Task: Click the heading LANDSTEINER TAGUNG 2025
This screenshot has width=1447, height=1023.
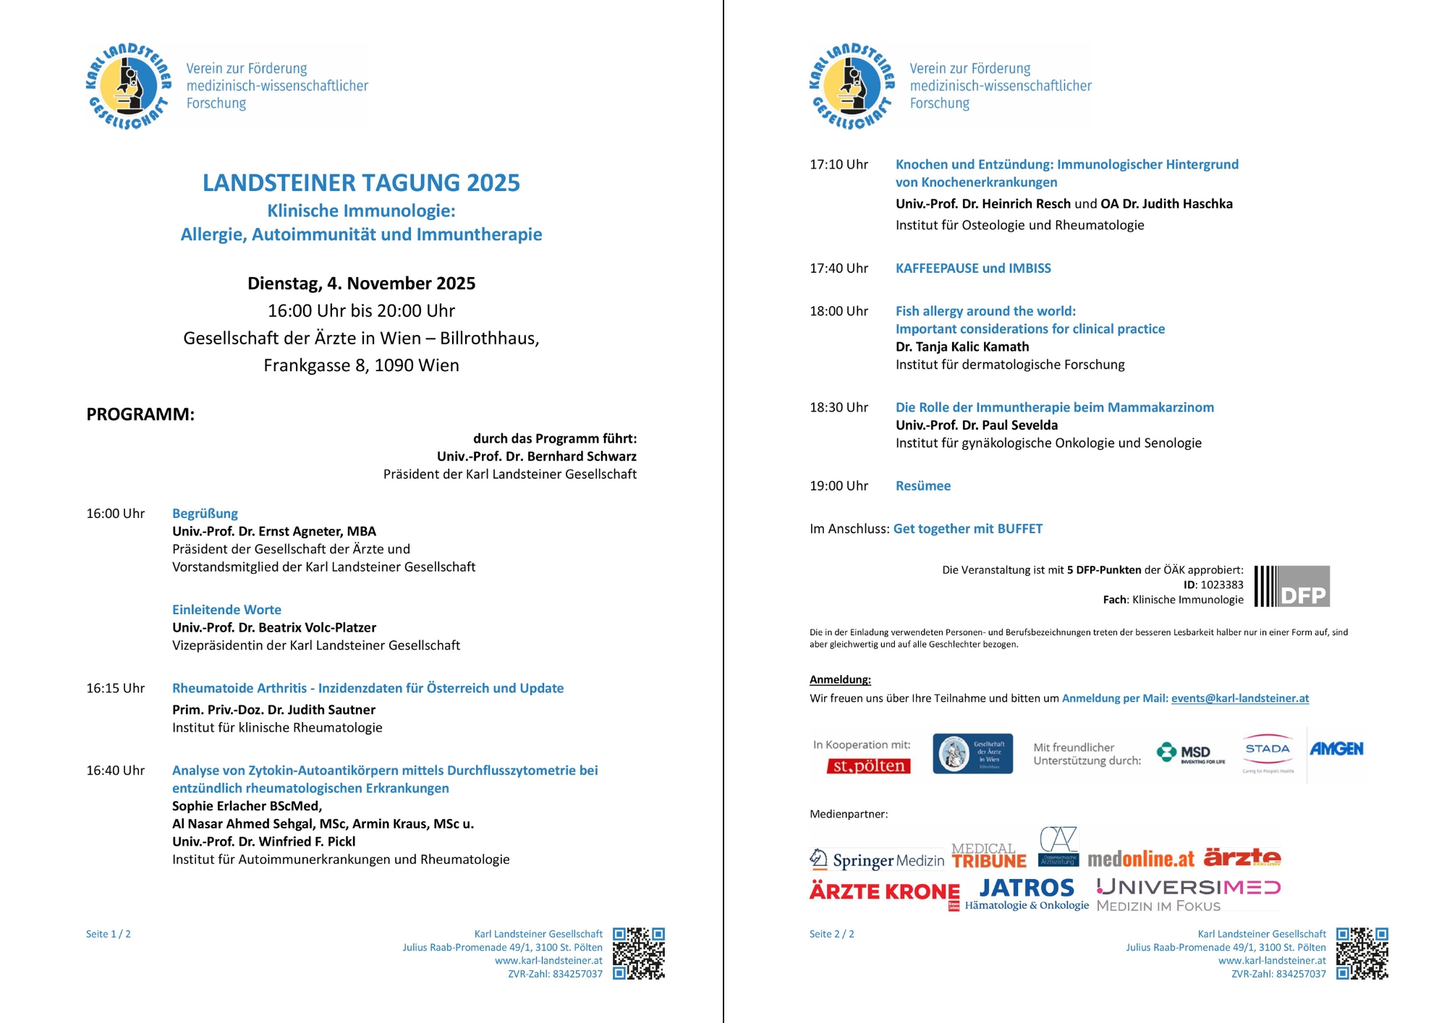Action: pos(361,183)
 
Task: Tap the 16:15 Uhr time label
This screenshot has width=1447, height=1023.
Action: pos(115,688)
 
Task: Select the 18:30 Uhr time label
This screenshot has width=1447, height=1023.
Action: pos(839,407)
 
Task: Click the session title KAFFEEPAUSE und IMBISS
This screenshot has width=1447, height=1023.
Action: pos(973,268)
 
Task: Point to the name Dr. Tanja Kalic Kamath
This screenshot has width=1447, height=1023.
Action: pos(962,347)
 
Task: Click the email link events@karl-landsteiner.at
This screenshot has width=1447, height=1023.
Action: pos(1239,698)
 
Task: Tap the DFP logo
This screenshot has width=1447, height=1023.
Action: pos(1292,586)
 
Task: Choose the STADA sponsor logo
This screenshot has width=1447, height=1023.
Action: pos(1268,752)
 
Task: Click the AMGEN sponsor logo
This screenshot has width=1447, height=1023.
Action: pos(1336,749)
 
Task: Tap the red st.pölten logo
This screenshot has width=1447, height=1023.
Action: pos(868,765)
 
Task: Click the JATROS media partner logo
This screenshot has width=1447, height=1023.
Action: pos(1027,888)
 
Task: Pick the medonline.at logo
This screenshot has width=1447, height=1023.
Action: pos(1141,859)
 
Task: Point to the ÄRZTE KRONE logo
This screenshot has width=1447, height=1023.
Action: pos(884,891)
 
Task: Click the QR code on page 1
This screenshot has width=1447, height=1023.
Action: pos(638,954)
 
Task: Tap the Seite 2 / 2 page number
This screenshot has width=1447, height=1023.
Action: pos(831,934)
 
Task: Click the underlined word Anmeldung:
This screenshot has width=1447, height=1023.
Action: pos(840,679)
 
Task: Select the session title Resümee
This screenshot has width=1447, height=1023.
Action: pos(922,486)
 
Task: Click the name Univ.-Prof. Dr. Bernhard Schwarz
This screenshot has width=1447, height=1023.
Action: pos(536,457)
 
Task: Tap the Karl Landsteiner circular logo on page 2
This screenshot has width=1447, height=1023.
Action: pos(852,86)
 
